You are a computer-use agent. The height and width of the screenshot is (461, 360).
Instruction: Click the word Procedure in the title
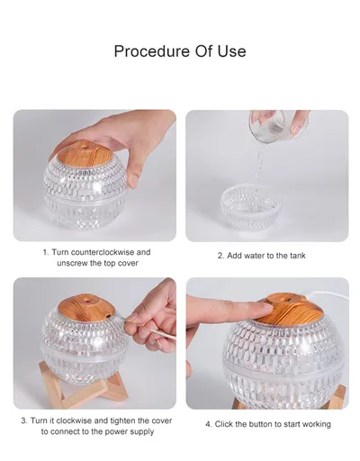coord(152,51)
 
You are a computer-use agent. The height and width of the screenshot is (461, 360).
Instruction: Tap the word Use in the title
coord(232,51)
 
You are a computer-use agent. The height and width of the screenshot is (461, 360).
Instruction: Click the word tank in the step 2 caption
coord(298,256)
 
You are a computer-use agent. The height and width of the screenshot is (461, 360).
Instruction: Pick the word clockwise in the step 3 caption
coord(75,420)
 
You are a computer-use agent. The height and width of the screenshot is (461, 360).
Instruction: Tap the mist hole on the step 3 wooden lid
coord(87,300)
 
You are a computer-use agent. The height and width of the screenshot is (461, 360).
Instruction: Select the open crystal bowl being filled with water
coord(251,208)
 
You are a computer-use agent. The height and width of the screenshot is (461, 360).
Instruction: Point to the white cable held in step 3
coord(163,334)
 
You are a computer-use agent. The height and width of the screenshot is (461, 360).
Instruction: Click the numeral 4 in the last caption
coord(208,424)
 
